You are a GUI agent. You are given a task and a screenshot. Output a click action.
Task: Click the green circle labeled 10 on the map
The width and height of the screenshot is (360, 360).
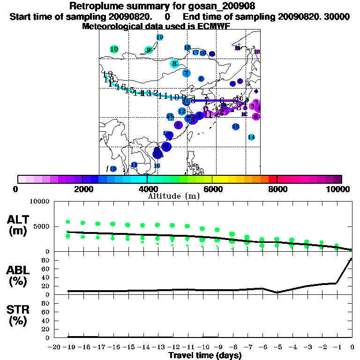pyautogui.click(x=114, y=49)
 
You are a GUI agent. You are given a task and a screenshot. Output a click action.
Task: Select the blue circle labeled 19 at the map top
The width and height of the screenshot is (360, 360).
pyautogui.click(x=160, y=37)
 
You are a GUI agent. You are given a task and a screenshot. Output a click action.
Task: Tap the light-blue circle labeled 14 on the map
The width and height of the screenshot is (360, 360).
pyautogui.click(x=251, y=137)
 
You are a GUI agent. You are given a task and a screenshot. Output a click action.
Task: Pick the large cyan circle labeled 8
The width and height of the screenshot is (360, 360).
pyautogui.click(x=174, y=64)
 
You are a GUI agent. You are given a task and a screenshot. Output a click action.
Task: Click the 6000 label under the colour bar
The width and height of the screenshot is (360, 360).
pyautogui.click(x=212, y=189)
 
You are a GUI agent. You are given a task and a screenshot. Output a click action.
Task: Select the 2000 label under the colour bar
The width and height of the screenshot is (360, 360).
pyautogui.click(x=82, y=189)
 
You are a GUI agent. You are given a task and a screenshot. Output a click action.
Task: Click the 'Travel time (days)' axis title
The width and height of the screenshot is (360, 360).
pyautogui.click(x=205, y=355)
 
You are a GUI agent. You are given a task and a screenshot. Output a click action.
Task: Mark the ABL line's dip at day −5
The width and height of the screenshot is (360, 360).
pyautogui.click(x=277, y=292)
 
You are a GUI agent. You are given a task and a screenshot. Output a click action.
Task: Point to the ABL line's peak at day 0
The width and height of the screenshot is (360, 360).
pyautogui.click(x=352, y=258)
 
